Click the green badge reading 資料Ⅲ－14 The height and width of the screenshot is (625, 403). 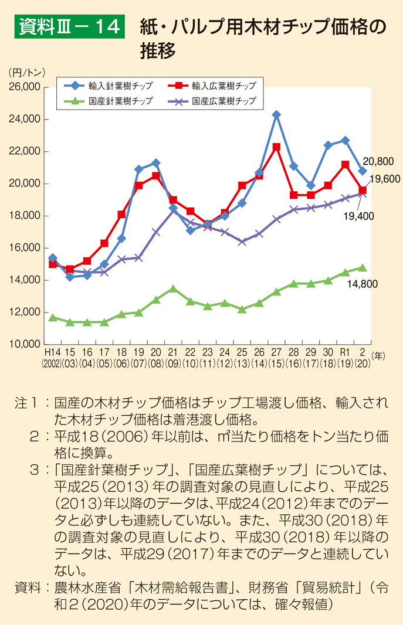click(x=69, y=26)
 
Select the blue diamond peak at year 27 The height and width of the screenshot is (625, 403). click(x=276, y=115)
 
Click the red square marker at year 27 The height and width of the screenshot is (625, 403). click(x=276, y=147)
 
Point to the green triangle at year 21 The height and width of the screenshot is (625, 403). click(x=172, y=288)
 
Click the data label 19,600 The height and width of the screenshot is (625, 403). click(x=384, y=178)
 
